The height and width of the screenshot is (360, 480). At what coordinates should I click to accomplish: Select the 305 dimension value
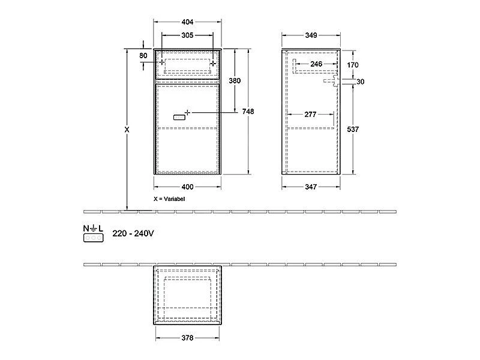pos(188,35)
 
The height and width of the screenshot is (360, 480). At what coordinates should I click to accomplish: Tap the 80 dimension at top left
pos(143,55)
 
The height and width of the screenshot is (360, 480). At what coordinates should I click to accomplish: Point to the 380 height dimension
pos(235,80)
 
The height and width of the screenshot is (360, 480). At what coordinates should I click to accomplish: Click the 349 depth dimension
pos(311,35)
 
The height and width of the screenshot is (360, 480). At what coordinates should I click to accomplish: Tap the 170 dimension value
pos(353,64)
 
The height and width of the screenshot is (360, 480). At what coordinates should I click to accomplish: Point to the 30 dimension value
pos(360,82)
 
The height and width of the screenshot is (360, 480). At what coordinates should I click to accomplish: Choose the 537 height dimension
pos(353,130)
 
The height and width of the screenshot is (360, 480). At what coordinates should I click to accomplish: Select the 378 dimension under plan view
pos(187,338)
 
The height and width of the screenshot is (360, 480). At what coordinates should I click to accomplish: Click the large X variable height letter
pos(126,130)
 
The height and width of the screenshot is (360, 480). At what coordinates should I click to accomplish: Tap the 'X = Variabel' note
pos(170,198)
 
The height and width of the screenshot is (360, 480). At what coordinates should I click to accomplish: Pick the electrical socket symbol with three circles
pos(93,238)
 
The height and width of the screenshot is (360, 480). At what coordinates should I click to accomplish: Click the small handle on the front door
pos(179,118)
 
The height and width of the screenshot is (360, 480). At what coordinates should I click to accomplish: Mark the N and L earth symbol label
pos(93,229)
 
